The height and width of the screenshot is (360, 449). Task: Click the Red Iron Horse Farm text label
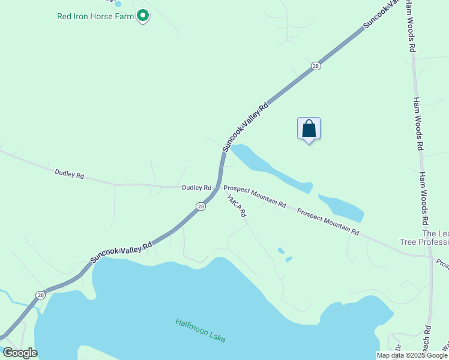pos(95,16)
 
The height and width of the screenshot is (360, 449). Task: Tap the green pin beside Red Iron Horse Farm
pos(142,15)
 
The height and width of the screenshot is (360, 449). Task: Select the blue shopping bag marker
pos(309,128)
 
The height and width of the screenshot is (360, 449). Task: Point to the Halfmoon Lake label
pos(200,330)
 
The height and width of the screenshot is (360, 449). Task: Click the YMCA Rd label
pos(237,206)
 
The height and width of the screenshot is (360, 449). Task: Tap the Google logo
pos(20,353)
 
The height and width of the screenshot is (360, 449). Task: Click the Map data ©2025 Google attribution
pos(412,355)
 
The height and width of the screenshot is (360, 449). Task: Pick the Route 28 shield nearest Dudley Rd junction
pos(200,206)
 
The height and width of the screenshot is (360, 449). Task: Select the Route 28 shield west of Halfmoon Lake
pos(40,295)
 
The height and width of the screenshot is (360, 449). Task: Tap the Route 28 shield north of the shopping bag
pos(316,66)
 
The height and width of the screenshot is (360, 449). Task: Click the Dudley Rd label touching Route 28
pos(196,188)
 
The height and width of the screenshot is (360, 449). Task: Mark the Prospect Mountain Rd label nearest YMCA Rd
pos(255,196)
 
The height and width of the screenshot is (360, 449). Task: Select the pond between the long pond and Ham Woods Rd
pos(341,207)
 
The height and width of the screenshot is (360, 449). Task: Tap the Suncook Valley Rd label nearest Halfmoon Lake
pos(121,252)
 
